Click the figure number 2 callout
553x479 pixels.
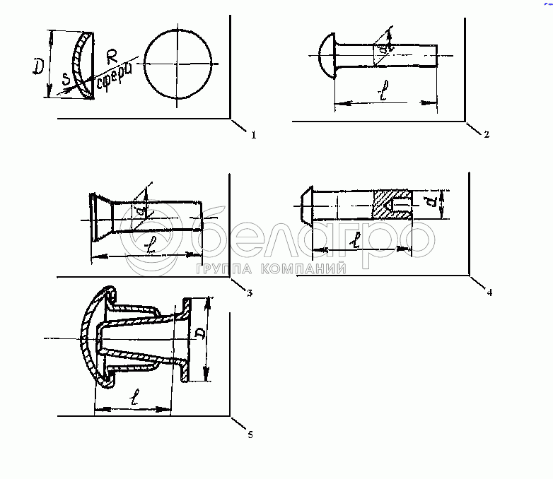487,134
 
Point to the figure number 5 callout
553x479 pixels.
250,434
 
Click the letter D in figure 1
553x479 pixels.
40,67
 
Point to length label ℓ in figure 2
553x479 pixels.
382,94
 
